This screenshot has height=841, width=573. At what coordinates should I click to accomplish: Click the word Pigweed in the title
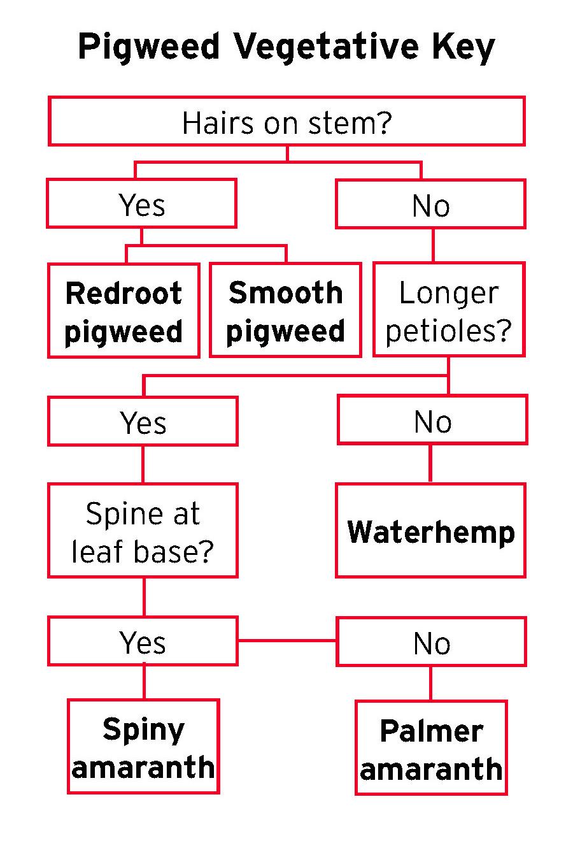pyautogui.click(x=149, y=48)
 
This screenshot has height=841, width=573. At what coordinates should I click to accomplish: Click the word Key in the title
pyautogui.click(x=462, y=48)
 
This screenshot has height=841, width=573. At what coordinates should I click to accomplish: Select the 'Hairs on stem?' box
pyautogui.click(x=286, y=122)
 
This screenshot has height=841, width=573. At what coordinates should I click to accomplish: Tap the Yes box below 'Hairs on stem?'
pyautogui.click(x=141, y=204)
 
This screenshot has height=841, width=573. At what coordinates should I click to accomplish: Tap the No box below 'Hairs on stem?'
pyautogui.click(x=430, y=205)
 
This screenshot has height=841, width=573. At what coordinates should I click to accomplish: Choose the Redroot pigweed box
pyautogui.click(x=124, y=311)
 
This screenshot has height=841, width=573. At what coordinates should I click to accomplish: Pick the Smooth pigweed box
pyautogui.click(x=285, y=310)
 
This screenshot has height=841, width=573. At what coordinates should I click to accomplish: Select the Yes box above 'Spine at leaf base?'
pyautogui.click(x=143, y=421)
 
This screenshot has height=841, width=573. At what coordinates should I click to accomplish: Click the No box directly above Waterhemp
pyautogui.click(x=432, y=420)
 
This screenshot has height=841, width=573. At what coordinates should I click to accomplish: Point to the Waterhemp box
pyautogui.click(x=430, y=531)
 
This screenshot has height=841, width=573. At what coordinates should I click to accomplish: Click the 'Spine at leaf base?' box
pyautogui.click(x=143, y=531)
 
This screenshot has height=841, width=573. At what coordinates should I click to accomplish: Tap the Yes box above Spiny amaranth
pyautogui.click(x=143, y=642)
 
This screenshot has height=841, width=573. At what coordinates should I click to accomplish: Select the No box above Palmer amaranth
pyautogui.click(x=431, y=642)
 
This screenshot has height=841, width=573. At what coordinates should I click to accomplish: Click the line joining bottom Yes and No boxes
pyautogui.click(x=286, y=640)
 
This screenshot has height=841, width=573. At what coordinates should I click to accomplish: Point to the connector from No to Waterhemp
pyautogui.click(x=430, y=464)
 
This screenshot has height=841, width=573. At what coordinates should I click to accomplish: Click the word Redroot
pyautogui.click(x=124, y=293)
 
